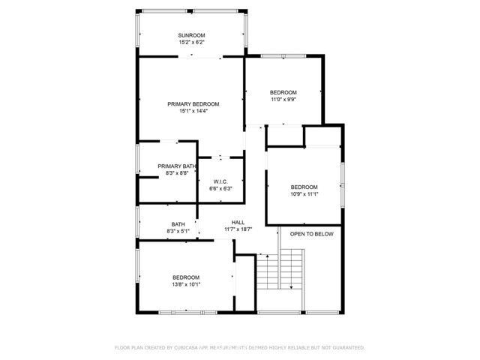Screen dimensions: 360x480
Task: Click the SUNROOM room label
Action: click(x=191, y=35)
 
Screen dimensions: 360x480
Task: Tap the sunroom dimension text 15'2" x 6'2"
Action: click(x=191, y=43)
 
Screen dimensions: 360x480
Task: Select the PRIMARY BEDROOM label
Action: click(x=193, y=103)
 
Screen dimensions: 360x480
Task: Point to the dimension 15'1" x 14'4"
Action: click(x=193, y=111)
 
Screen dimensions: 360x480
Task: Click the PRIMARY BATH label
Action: click(x=177, y=166)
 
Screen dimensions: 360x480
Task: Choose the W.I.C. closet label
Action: click(x=220, y=181)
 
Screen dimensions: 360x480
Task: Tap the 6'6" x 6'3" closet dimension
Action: click(x=220, y=188)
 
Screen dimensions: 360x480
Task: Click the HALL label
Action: click(x=238, y=222)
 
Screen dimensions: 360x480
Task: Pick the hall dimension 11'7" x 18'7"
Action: click(x=238, y=229)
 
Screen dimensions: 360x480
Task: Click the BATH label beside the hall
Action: click(x=178, y=224)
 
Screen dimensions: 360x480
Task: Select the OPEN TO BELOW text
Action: click(x=312, y=234)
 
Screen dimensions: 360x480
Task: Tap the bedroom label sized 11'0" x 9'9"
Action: click(x=283, y=92)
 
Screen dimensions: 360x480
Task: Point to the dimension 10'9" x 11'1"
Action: click(x=304, y=194)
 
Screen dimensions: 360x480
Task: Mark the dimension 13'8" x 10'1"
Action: click(x=186, y=285)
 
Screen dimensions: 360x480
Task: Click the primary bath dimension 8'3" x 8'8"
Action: click(x=177, y=173)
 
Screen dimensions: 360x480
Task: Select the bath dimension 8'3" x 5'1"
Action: click(x=178, y=232)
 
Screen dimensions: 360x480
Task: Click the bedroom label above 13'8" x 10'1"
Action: click(x=186, y=277)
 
